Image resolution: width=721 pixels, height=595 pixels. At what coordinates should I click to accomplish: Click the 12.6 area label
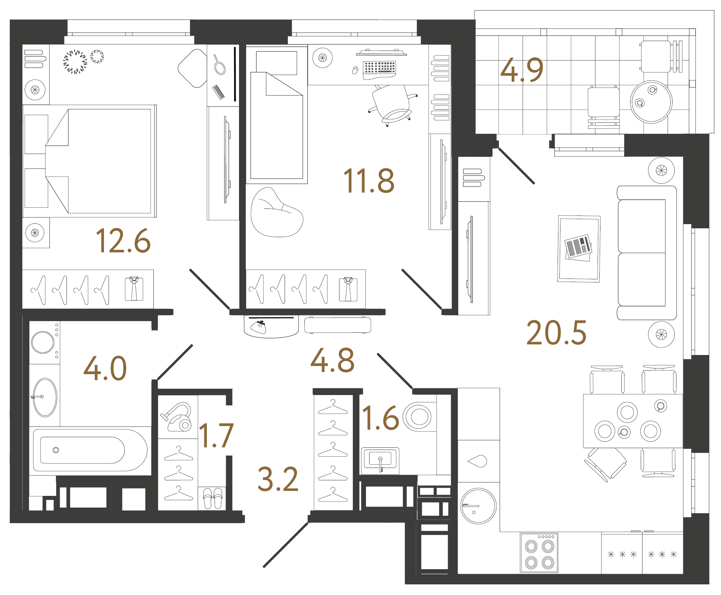123,241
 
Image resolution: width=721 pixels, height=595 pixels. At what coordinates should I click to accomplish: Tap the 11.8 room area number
368,181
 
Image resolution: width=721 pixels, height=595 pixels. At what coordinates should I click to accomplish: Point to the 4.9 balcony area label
522,70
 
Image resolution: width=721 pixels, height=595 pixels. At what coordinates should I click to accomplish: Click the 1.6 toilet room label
380,418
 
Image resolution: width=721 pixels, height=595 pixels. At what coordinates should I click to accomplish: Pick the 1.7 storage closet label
216,435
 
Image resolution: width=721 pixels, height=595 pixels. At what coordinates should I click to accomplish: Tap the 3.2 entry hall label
278,479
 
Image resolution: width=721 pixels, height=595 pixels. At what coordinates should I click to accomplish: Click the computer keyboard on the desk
379,69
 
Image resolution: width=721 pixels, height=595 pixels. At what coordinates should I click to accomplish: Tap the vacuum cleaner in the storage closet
176,417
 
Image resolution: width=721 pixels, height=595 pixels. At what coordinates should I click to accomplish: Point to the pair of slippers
213,498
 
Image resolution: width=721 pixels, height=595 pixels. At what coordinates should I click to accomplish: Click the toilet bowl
418,416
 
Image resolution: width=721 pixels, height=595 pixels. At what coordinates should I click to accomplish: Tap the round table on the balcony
651,102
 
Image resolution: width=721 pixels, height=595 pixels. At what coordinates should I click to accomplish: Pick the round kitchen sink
478,506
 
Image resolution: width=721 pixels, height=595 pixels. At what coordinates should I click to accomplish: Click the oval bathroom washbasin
45,397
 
